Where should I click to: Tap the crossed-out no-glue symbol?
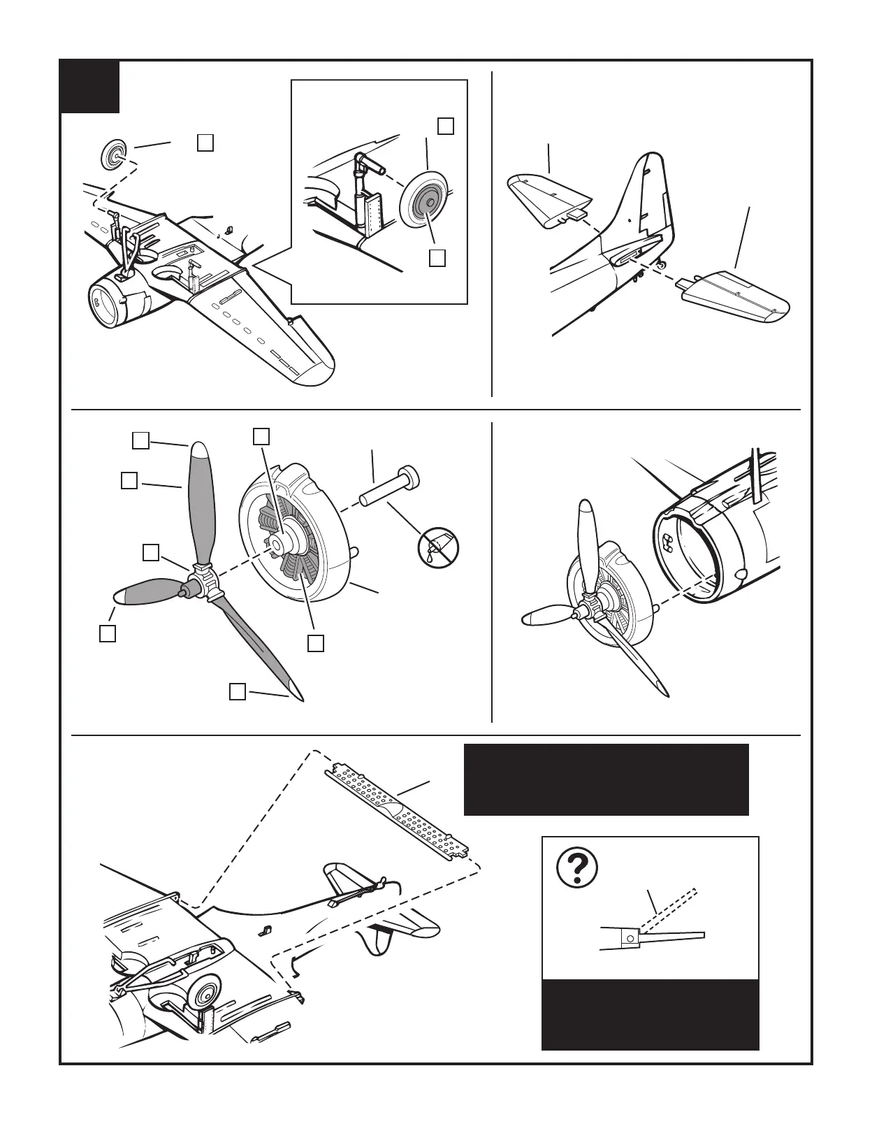click(438, 547)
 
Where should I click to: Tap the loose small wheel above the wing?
click(114, 154)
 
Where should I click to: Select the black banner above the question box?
click(606, 779)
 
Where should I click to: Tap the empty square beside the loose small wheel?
click(205, 142)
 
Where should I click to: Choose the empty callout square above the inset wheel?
click(446, 126)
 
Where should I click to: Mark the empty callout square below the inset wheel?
click(437, 258)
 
